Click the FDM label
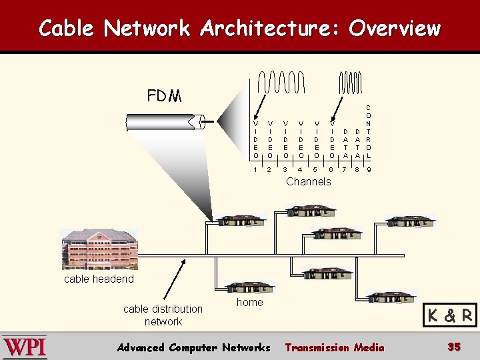[x=164, y=96]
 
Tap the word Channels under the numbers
[x=308, y=181]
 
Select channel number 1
[x=255, y=169]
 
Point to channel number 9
[x=369, y=169]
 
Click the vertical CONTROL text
[x=369, y=131]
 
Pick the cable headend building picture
[x=99, y=249]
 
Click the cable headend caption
[x=99, y=279]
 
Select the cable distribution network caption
[x=163, y=315]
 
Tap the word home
[x=249, y=303]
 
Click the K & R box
[x=450, y=315]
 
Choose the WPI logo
[x=25, y=347]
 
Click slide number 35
[x=454, y=347]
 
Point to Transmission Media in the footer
[x=334, y=347]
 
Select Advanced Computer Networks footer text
[x=193, y=347]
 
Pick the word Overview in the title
[x=395, y=29]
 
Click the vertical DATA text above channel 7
[x=345, y=143]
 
